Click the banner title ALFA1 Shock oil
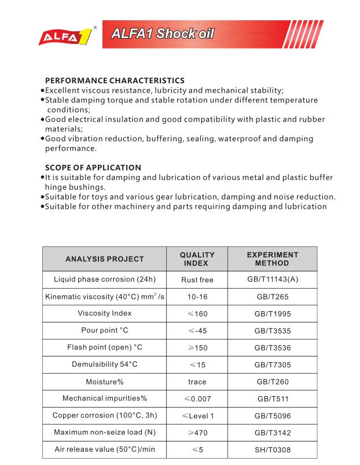pyautogui.click(x=162, y=34)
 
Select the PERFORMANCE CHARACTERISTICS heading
pyautogui.click(x=115, y=80)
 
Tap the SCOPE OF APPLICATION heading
pyautogui.click(x=93, y=168)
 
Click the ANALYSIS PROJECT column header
pyautogui.click(x=104, y=259)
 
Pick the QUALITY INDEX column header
pyautogui.click(x=197, y=259)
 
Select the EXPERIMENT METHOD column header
pyautogui.click(x=272, y=259)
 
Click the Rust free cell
pyautogui.click(x=197, y=280)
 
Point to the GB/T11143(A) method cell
pyautogui.click(x=272, y=280)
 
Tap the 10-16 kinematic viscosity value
pyautogui.click(x=197, y=297)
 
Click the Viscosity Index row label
pyautogui.click(x=105, y=313)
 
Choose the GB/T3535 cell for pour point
pyautogui.click(x=272, y=331)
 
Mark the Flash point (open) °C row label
pyautogui.click(x=105, y=348)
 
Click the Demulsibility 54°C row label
pyautogui.click(x=105, y=364)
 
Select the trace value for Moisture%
pyautogui.click(x=197, y=382)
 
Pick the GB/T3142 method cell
pyautogui.click(x=272, y=433)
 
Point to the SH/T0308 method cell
pyautogui.click(x=272, y=449)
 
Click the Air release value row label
pyautogui.click(x=105, y=449)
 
